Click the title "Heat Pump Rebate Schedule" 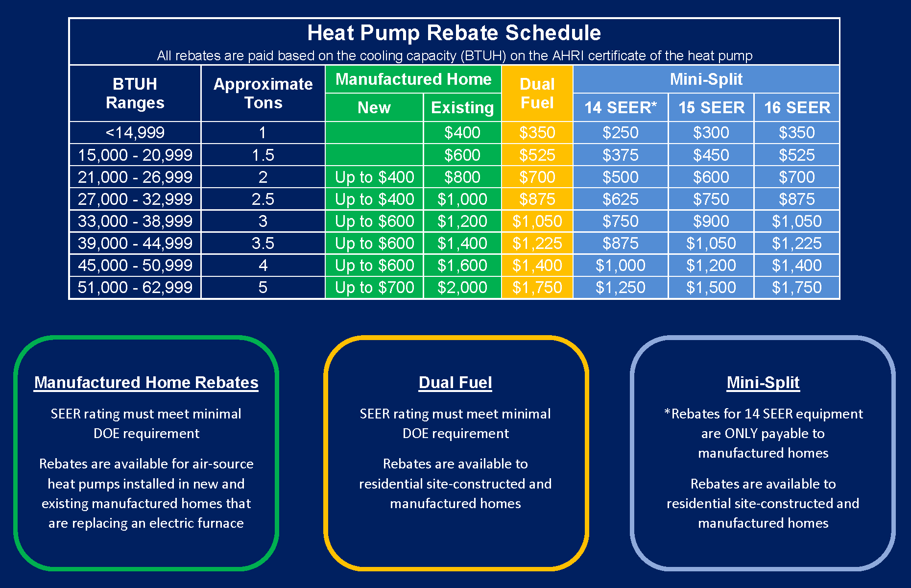[x=454, y=33]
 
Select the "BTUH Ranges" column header [x=135, y=93]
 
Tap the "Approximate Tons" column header [x=263, y=93]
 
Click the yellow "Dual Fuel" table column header [x=537, y=93]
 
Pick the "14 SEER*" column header [x=620, y=107]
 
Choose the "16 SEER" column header [x=797, y=107]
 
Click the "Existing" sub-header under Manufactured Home [x=462, y=107]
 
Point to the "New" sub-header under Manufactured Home [x=374, y=107]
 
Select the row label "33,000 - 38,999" [x=135, y=221]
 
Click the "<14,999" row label [x=135, y=132]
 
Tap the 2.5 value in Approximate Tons [x=263, y=199]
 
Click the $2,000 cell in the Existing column [x=462, y=287]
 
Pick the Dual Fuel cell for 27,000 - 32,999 [x=537, y=199]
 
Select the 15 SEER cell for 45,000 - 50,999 [x=711, y=265]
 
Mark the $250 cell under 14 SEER [x=620, y=132]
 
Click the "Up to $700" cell [x=374, y=287]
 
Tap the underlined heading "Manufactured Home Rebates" [x=146, y=382]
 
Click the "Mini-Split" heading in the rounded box [x=763, y=382]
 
